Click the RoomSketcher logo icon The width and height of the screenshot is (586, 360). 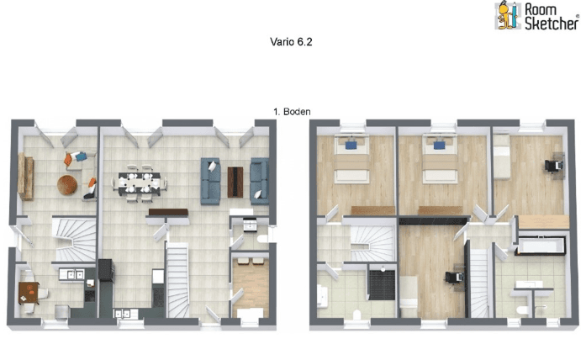point(506,17)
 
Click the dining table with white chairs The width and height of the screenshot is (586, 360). point(137,181)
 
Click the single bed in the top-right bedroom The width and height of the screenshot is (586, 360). point(504,160)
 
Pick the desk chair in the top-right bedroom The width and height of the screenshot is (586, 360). point(554,165)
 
